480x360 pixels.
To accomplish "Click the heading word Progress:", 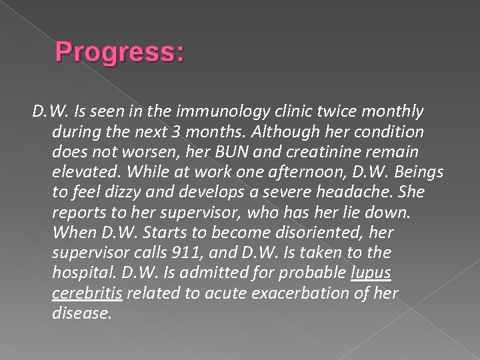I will [120, 52].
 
